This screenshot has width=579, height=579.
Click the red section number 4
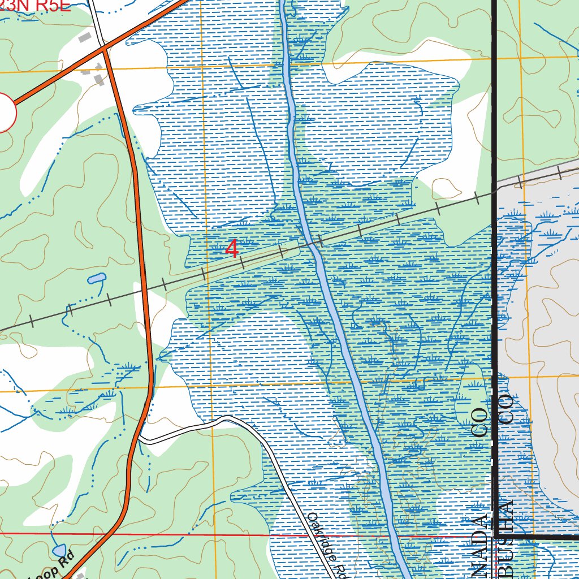[232, 249]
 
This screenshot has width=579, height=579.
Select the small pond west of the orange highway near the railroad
[96, 278]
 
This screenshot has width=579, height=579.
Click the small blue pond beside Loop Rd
[58, 550]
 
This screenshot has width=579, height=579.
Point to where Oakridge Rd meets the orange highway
[139, 438]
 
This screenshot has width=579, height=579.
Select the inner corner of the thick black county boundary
[496, 535]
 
